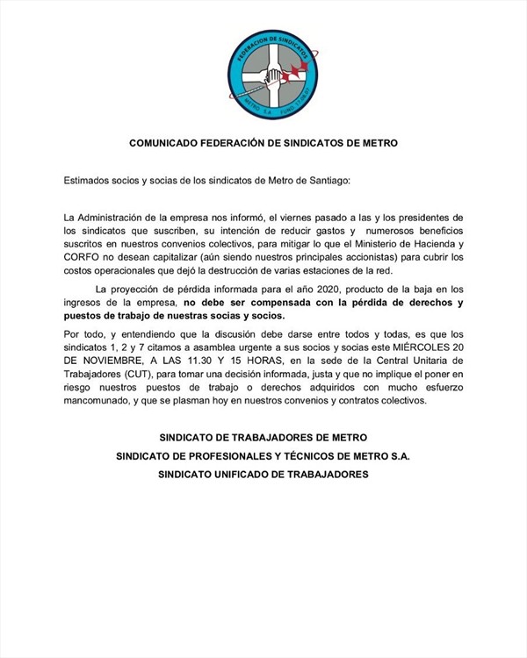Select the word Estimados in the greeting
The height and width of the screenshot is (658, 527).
[x=88, y=180]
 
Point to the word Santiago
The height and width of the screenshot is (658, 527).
[x=323, y=180]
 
